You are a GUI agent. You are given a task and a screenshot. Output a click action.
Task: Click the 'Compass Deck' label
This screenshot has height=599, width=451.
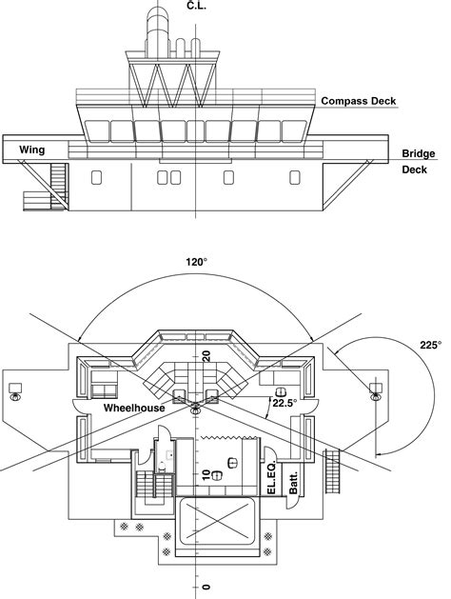pos(359,101)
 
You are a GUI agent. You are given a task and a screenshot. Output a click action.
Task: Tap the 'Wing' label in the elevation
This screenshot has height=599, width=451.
pos(32,150)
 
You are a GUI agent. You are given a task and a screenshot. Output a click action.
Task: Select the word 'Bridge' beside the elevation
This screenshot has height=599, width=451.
pos(419,153)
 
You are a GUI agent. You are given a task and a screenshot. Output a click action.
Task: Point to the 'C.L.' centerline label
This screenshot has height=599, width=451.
pos(197,6)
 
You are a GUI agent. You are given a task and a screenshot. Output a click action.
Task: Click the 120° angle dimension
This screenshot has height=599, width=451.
pos(197,262)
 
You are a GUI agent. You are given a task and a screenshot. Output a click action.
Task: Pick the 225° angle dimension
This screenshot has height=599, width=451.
pos(431,345)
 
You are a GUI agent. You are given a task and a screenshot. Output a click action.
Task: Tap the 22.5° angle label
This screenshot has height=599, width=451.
pos(284,403)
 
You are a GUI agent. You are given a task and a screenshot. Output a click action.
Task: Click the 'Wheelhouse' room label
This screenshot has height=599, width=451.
pos(134,408)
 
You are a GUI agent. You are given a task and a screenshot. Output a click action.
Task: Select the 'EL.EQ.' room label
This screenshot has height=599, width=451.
pos(271,478)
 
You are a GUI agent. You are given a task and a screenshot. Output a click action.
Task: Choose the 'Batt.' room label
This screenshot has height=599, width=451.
pos(293,483)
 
